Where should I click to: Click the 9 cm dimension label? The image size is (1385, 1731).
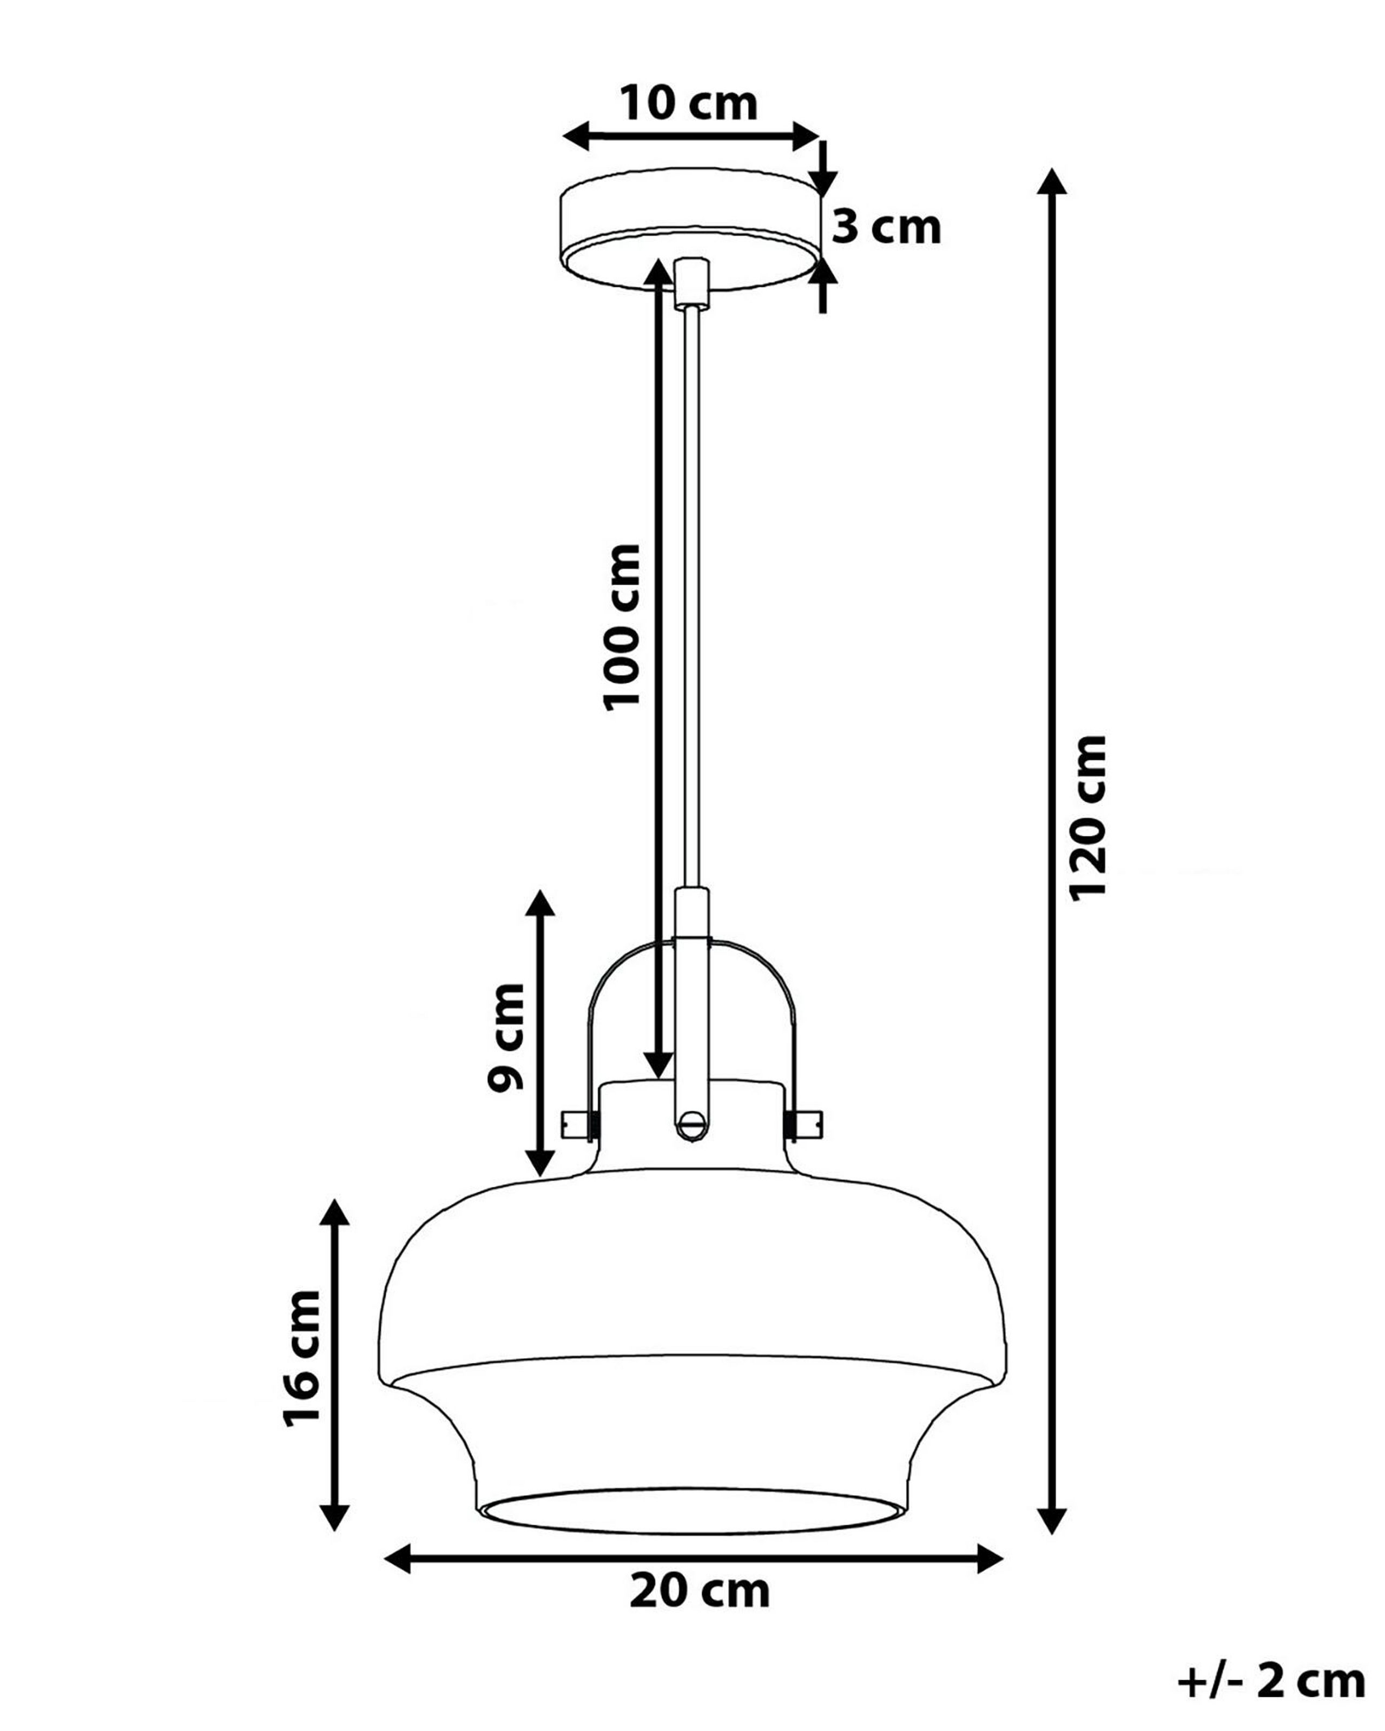click(506, 1036)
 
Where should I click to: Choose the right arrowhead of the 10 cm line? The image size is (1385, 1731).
click(806, 136)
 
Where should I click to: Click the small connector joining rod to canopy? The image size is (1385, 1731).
click(691, 282)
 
